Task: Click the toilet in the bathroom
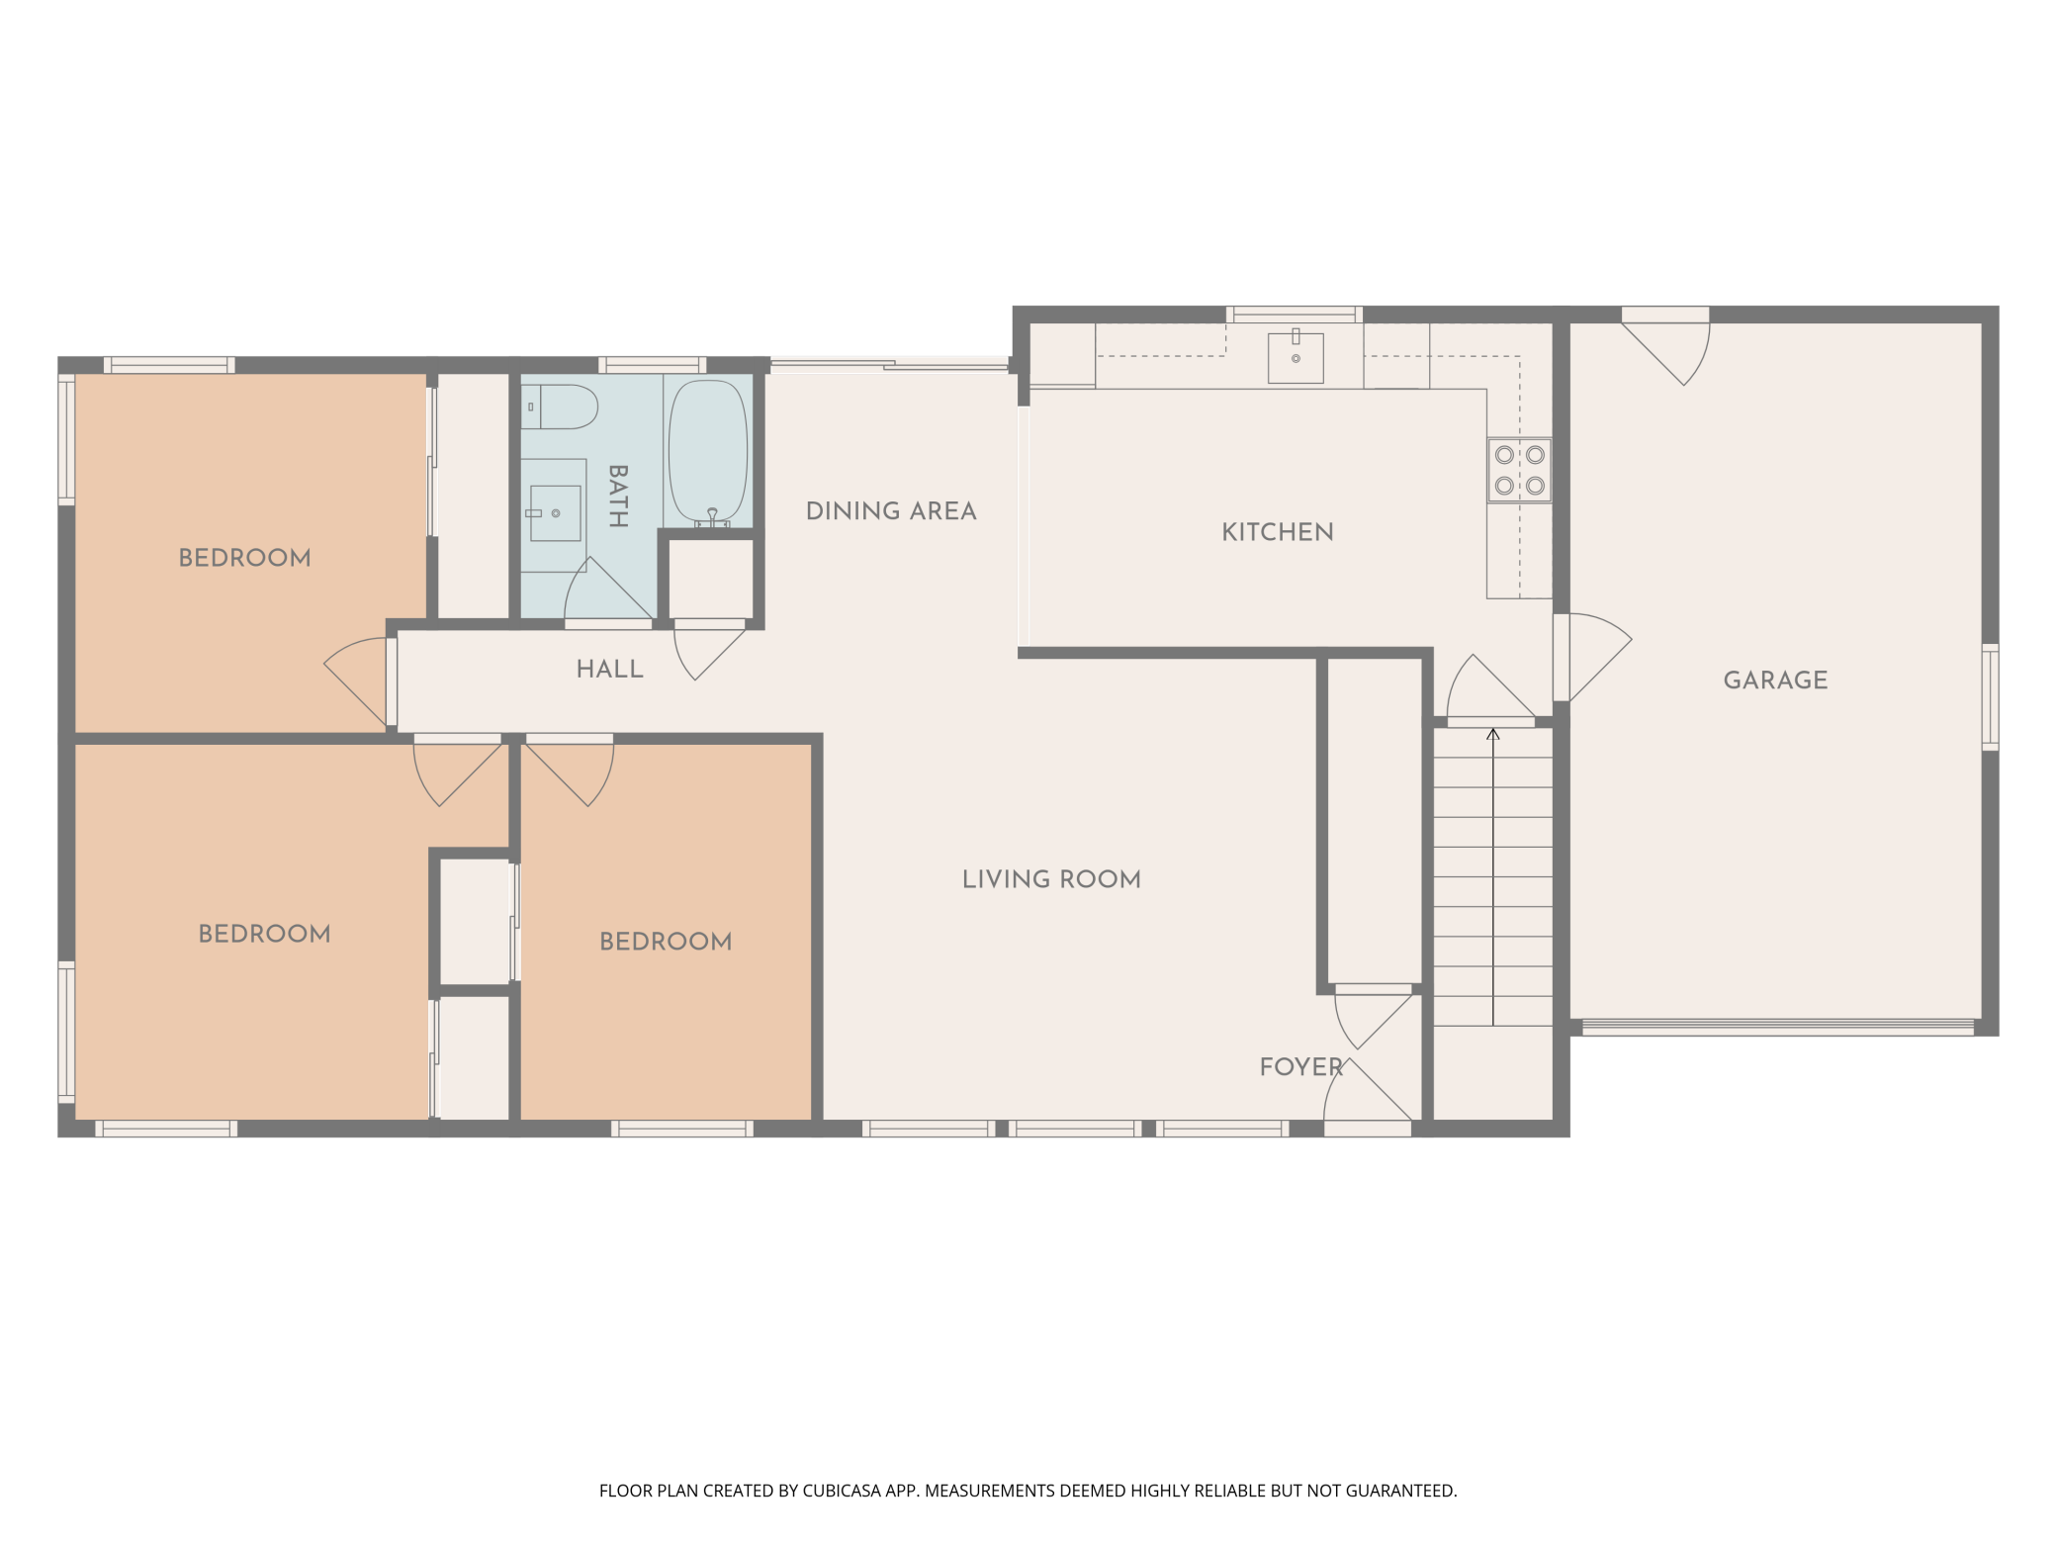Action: (x=561, y=407)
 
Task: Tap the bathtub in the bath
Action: (x=708, y=451)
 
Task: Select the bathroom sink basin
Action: (x=555, y=512)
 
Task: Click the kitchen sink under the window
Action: (x=1296, y=357)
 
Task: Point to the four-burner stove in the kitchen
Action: (x=1519, y=470)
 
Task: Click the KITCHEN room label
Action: (x=1277, y=532)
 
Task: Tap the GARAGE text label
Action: (x=1775, y=681)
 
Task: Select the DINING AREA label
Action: (x=891, y=511)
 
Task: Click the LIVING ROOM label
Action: (x=1051, y=879)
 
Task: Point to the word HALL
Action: (x=609, y=670)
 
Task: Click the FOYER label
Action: (x=1300, y=1067)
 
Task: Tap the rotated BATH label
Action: (x=618, y=497)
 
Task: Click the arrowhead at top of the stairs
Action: (x=1492, y=734)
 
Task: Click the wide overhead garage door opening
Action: (x=1777, y=1027)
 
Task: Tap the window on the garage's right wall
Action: (x=1990, y=697)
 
